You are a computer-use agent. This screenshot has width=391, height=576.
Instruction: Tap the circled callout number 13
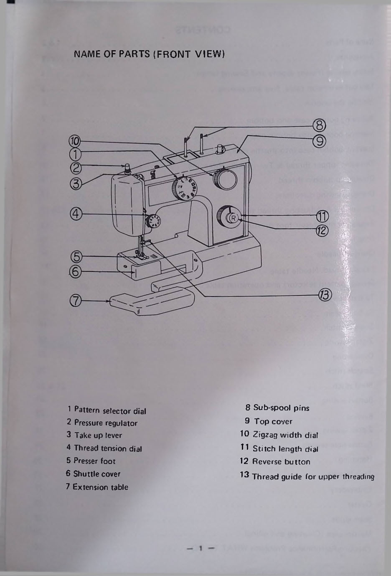tap(325, 295)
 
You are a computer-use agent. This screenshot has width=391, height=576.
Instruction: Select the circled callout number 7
tap(76, 301)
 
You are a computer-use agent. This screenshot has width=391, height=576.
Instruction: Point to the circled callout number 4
tap(76, 214)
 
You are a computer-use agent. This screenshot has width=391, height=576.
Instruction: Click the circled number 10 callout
tap(75, 142)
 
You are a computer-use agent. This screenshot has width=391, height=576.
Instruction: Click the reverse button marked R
tap(233, 218)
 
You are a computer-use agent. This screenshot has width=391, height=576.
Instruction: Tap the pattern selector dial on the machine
tap(183, 187)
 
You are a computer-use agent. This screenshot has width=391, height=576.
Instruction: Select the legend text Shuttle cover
tap(96, 474)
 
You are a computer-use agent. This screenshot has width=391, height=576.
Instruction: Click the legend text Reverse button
tap(281, 462)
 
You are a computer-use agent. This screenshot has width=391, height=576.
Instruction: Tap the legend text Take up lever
tap(98, 435)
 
